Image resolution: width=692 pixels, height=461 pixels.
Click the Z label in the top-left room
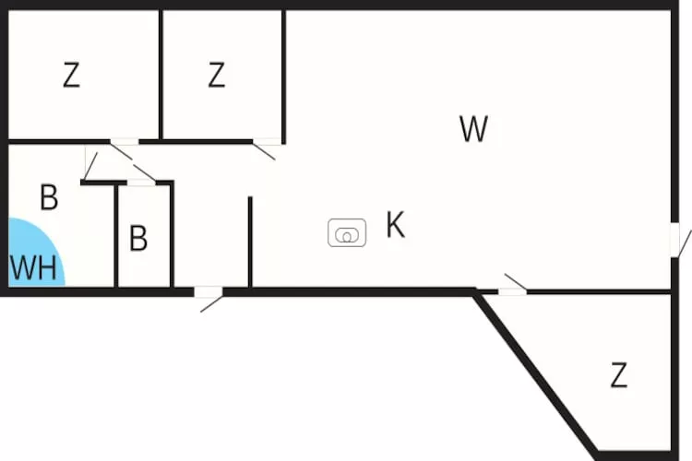click(71, 76)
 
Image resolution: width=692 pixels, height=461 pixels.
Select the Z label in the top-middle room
click(216, 76)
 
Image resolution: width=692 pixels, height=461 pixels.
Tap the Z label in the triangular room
click(618, 375)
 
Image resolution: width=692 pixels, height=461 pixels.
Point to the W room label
click(473, 130)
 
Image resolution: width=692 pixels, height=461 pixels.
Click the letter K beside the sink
click(395, 225)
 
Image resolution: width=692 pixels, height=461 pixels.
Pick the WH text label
click(33, 268)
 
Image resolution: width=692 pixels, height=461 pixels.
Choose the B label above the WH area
click(49, 197)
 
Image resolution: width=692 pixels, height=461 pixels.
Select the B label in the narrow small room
click(138, 239)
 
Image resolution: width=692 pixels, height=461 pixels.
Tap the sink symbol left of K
click(347, 233)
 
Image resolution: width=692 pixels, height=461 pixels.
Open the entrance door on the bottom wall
click(209, 294)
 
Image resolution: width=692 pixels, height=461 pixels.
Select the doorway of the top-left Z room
click(125, 142)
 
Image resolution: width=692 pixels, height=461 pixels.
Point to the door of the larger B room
click(90, 162)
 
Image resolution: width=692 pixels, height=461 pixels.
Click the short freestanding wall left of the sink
click(250, 242)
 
